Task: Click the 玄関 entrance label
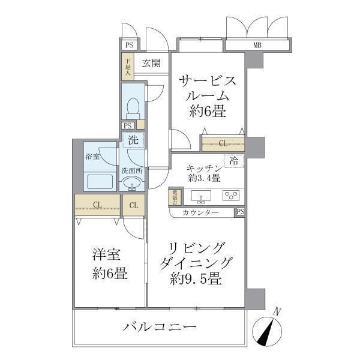[x=151, y=62]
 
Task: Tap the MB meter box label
[x=257, y=45]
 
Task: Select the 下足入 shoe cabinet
[x=127, y=66]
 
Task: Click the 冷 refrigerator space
[x=234, y=160]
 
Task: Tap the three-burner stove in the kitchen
[x=230, y=195]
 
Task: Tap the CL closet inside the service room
[x=223, y=143]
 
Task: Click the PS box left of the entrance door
[x=128, y=45]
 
